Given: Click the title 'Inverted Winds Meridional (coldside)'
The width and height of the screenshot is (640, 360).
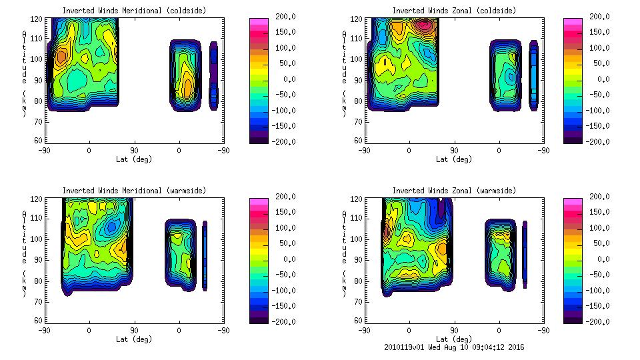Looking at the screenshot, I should pos(135,11).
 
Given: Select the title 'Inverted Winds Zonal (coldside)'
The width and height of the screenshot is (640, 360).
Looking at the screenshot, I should pos(454,11).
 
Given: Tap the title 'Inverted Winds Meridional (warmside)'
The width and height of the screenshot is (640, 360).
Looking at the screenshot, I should pos(135,191).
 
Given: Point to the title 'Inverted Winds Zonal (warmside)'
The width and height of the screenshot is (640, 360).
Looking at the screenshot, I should pos(454,191).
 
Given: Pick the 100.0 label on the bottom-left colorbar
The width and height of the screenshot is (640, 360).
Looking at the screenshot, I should pos(281,228).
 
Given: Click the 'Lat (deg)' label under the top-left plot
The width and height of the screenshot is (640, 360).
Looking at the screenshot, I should pos(135,159).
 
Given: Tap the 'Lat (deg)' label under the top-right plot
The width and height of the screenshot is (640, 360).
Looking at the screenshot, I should pos(454,159).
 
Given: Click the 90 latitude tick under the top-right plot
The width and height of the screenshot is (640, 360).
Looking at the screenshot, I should pos(454,151).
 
